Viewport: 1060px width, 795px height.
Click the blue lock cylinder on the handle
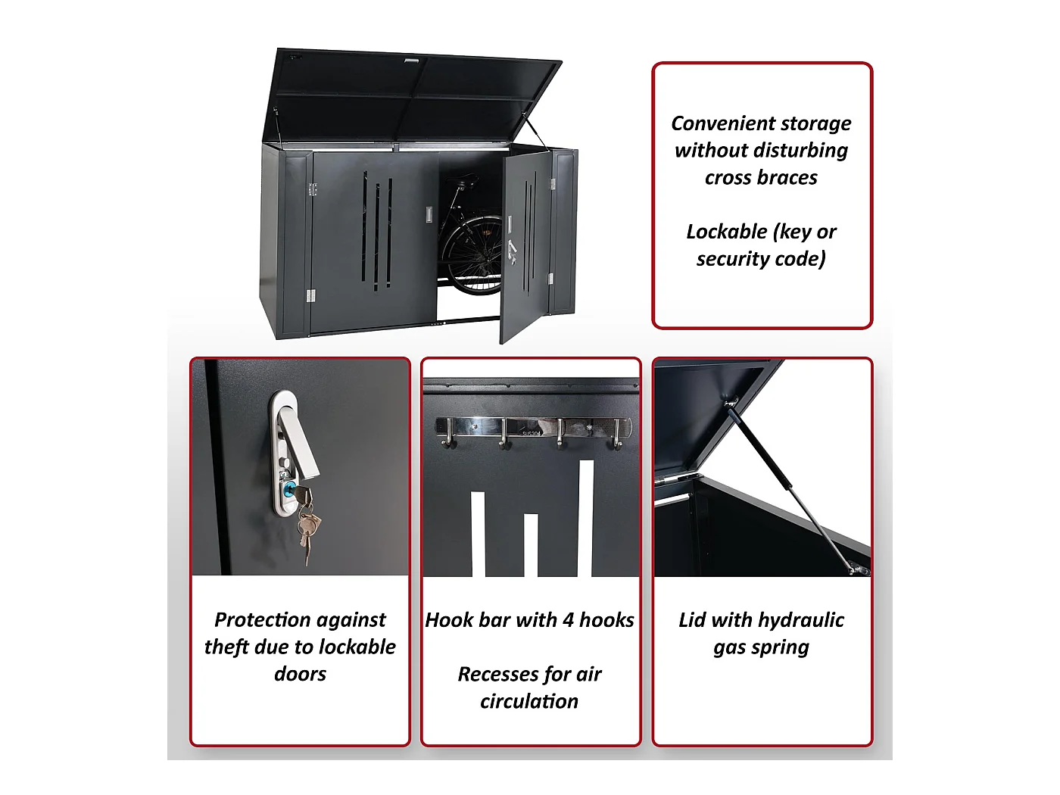coord(288,490)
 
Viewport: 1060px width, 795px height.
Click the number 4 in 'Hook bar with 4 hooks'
coord(567,620)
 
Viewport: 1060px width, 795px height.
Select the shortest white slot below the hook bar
coord(530,544)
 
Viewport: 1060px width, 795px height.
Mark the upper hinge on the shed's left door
coord(312,189)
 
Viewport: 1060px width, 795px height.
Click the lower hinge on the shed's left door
coord(310,295)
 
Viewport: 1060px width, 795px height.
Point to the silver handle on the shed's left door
coord(429,214)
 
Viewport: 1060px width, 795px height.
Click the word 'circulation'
coord(529,702)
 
